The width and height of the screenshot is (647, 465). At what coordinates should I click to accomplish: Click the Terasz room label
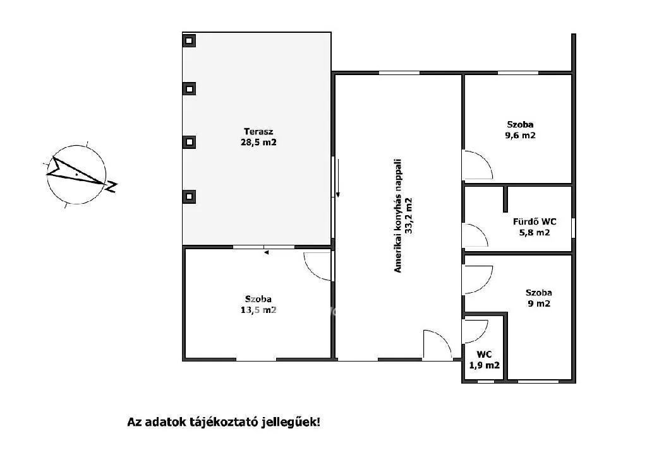click(258, 132)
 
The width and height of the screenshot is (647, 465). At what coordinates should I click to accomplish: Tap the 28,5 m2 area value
click(258, 143)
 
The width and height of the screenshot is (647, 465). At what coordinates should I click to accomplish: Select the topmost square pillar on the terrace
click(189, 41)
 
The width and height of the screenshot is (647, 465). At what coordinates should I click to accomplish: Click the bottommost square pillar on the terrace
click(189, 196)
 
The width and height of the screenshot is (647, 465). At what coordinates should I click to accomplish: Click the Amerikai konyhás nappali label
click(398, 216)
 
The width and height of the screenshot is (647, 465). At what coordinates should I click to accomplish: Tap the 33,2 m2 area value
click(409, 216)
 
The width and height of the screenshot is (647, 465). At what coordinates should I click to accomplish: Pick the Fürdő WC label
click(535, 221)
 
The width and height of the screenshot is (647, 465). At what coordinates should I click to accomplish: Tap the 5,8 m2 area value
click(535, 232)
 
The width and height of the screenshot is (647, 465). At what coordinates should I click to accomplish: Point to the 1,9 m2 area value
click(485, 365)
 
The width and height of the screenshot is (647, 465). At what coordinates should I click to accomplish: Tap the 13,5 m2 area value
click(258, 310)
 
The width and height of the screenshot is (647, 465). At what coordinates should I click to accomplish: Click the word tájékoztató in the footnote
click(224, 422)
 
